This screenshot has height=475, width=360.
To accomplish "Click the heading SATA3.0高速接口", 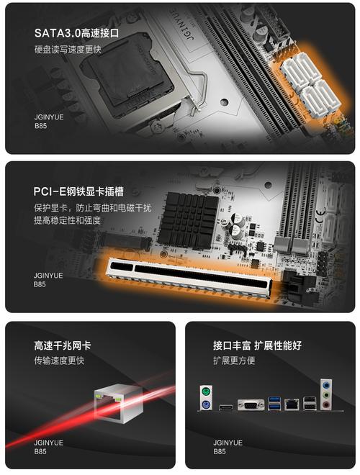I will pyautogui.click(x=76, y=33).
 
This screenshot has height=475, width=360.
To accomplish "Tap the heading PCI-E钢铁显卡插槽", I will pyautogui.click(x=78, y=191).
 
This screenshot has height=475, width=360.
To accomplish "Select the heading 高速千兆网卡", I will pyautogui.click(x=63, y=345).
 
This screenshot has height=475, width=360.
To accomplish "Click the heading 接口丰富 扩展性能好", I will pyautogui.click(x=257, y=345).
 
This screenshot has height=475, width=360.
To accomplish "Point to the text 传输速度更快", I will pyautogui.click(x=59, y=360).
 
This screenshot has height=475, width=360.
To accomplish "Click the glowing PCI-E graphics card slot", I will pyautogui.click(x=194, y=276).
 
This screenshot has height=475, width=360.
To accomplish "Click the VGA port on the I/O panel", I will pyautogui.click(x=251, y=404).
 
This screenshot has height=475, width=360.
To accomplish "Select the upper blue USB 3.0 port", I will pyautogui.click(x=274, y=399).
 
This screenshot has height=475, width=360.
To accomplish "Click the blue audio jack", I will pyautogui.click(x=328, y=393).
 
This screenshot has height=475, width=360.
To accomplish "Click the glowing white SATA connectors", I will pyautogui.click(x=309, y=80).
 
